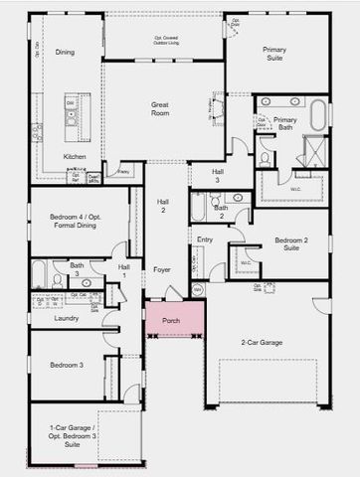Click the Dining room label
point(65,52)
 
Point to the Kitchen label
point(75,156)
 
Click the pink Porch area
point(174,320)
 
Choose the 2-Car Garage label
point(262,342)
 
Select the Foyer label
point(161,269)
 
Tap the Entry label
point(205,239)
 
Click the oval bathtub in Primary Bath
point(318,115)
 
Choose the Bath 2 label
point(221,210)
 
